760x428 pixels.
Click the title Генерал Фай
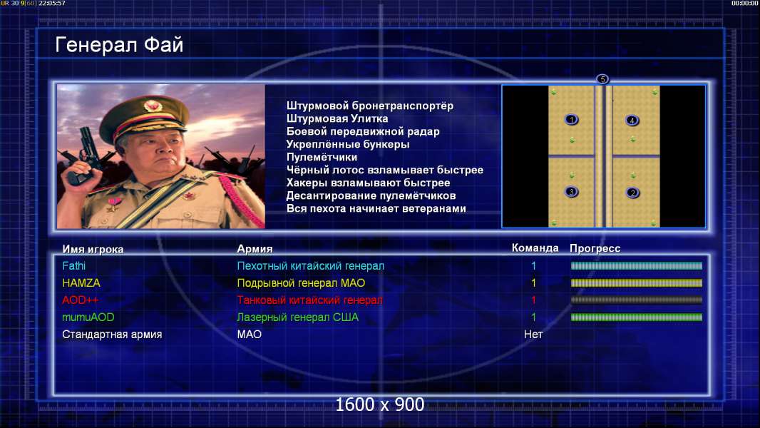[119, 45]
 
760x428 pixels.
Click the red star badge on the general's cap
[153, 105]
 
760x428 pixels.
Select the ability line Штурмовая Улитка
[337, 118]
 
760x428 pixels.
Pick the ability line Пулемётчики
[322, 157]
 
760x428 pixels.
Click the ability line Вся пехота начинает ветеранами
[376, 208]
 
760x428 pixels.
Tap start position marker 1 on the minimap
[572, 120]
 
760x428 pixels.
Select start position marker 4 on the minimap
[632, 121]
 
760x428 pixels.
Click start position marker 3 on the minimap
[572, 192]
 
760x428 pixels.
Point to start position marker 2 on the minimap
[632, 193]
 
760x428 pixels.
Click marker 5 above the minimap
[602, 79]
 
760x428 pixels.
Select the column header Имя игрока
[93, 249]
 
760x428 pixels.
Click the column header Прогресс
[595, 248]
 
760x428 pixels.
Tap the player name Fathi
[73, 265]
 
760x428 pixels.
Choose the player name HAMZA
[81, 282]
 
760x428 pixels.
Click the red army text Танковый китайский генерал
[309, 300]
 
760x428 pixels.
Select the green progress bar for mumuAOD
[637, 317]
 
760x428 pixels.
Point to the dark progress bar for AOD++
[637, 300]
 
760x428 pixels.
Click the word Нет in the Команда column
[533, 334]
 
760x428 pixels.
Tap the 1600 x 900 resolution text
[379, 404]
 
